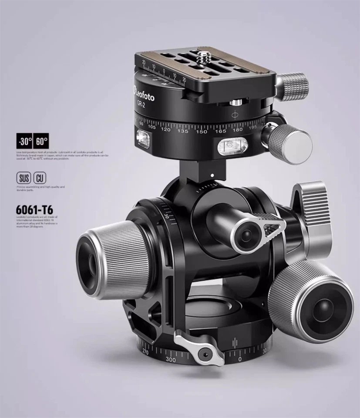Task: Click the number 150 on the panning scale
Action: [202, 131]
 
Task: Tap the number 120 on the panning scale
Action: [165, 129]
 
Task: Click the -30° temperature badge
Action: [24, 141]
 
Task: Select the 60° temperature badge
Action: [41, 141]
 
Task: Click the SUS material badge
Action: [24, 178]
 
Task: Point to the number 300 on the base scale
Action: [170, 360]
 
